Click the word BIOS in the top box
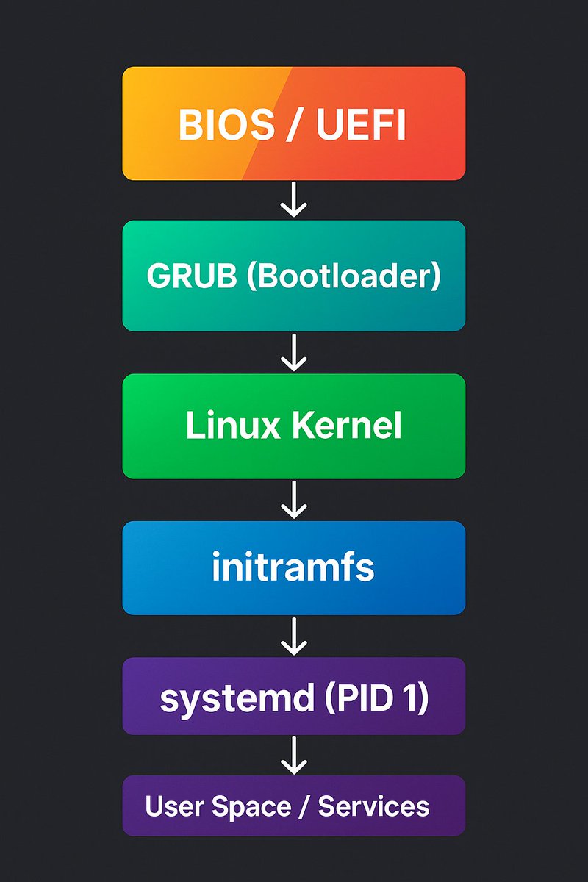(x=220, y=126)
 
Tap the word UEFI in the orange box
(x=361, y=126)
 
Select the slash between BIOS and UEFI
(x=293, y=126)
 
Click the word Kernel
(x=348, y=426)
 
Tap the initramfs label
(x=293, y=568)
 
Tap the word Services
(x=373, y=806)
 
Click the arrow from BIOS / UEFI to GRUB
(x=293, y=201)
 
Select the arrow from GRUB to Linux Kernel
(x=293, y=353)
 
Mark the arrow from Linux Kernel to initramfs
(x=293, y=500)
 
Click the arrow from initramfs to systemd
(x=293, y=637)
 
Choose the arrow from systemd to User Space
(x=293, y=756)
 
